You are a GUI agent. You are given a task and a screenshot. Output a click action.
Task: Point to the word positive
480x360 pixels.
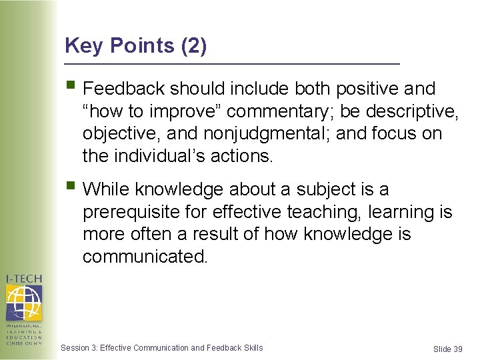point(374,89)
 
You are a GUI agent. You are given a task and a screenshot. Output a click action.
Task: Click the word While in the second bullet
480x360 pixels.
point(107,190)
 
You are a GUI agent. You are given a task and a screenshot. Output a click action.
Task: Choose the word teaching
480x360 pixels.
point(320,213)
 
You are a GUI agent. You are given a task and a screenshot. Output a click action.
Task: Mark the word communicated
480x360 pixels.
point(145,257)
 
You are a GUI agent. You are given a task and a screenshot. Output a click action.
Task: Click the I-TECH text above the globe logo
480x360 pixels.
point(25,278)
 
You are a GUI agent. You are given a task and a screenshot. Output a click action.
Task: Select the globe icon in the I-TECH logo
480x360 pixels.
point(24,302)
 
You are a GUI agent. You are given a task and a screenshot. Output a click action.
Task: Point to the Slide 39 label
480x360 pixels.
point(447,349)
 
